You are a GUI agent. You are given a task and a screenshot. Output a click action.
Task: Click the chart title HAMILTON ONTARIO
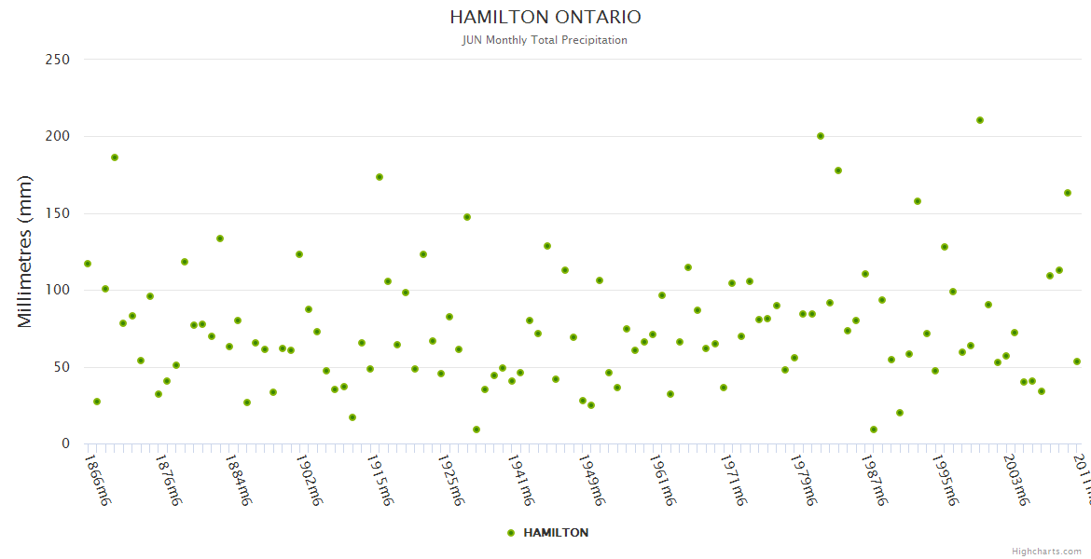[545, 18]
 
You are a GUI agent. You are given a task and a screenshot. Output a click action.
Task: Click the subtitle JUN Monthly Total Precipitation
[545, 40]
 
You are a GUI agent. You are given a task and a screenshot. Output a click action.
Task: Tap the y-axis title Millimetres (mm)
[25, 251]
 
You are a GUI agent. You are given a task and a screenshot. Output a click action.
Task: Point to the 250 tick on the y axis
[58, 60]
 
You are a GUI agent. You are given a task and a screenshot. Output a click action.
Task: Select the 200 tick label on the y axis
[58, 137]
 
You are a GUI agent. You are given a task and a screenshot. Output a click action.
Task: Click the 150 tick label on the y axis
[58, 213]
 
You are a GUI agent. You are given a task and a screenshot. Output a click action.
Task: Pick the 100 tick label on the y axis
[58, 291]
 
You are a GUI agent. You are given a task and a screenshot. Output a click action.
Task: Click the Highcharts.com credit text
[1046, 552]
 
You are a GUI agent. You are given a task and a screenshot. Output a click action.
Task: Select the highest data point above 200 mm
[979, 120]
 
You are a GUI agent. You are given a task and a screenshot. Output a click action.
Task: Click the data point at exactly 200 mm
[821, 136]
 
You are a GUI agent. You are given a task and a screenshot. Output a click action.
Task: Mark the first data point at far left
[88, 264]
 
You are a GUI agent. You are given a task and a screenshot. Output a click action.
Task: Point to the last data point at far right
[1076, 361]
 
